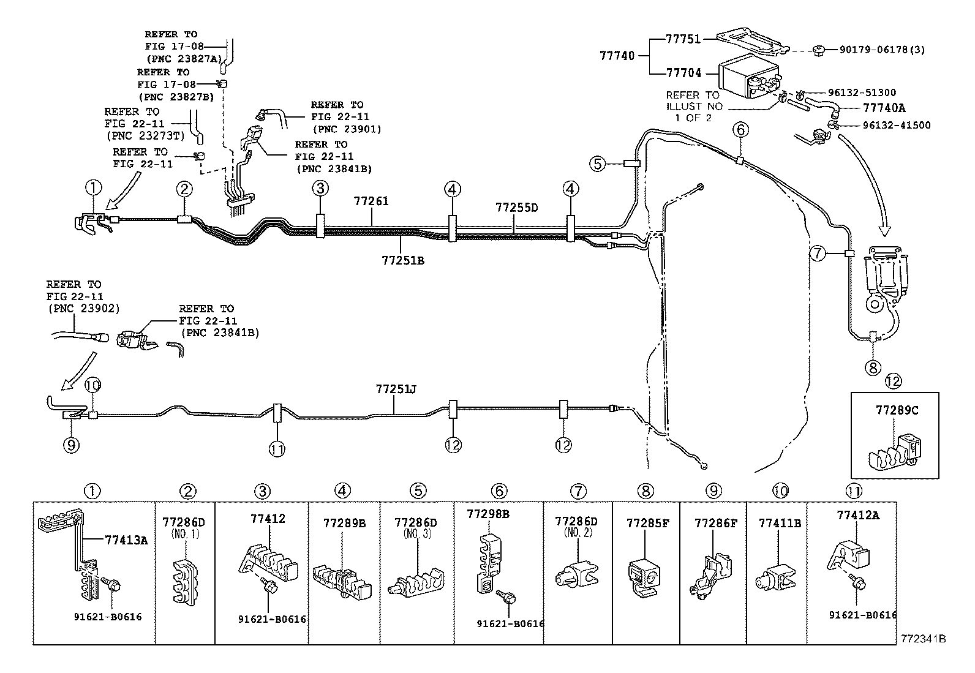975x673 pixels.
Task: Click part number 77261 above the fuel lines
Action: coord(371,201)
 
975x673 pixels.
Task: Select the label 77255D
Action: coord(516,208)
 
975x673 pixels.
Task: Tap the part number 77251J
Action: coord(397,389)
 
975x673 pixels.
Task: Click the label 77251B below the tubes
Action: coord(402,261)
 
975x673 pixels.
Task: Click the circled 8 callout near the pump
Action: coord(872,367)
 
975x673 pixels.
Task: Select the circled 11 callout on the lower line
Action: coord(276,449)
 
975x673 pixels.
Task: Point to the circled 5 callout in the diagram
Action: coord(598,164)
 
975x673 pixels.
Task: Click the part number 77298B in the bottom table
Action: coord(487,513)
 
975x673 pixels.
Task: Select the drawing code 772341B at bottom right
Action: coord(923,639)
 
